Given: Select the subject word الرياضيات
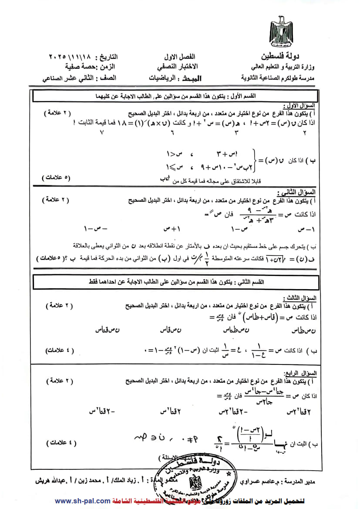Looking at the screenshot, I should coord(161,78).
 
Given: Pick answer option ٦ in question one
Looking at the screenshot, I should coord(171,133).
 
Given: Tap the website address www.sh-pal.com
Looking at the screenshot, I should coord(82,501).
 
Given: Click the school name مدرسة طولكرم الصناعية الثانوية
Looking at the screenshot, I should coord(280,78).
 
